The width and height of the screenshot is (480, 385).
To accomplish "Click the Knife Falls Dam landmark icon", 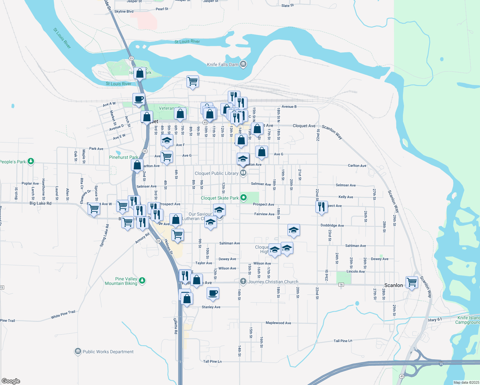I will (x=243, y=64).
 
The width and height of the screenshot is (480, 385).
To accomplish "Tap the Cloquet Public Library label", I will (x=216, y=173).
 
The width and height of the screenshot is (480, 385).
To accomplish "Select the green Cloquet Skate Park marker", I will (x=244, y=198).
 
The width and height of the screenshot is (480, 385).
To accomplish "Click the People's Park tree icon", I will (x=31, y=161).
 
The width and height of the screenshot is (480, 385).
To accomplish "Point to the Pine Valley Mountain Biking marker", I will (x=142, y=281).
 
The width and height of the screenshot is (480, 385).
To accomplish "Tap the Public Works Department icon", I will (x=78, y=352).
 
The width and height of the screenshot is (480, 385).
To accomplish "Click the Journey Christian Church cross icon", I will (x=243, y=282).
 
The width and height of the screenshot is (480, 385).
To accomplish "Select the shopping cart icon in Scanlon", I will (x=412, y=283).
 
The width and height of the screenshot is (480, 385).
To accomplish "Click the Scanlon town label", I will (x=393, y=285).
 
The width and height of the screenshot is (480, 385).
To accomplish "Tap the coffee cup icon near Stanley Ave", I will (x=213, y=293).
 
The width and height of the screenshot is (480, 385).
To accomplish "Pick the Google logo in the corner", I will (x=11, y=381).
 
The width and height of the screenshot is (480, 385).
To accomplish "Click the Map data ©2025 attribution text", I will (x=465, y=382).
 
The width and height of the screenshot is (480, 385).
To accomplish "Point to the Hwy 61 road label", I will (x=435, y=320).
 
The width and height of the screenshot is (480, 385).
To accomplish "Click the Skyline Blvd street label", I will (x=124, y=12).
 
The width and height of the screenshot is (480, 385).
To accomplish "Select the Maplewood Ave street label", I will (x=278, y=323).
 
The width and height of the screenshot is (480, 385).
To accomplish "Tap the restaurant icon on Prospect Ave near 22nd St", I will (x=321, y=207).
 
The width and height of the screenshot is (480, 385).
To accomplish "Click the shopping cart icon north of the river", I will (x=193, y=81).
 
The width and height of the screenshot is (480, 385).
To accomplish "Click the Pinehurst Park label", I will (x=124, y=157).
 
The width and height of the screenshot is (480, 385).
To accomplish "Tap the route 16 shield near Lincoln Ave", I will (x=341, y=285).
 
